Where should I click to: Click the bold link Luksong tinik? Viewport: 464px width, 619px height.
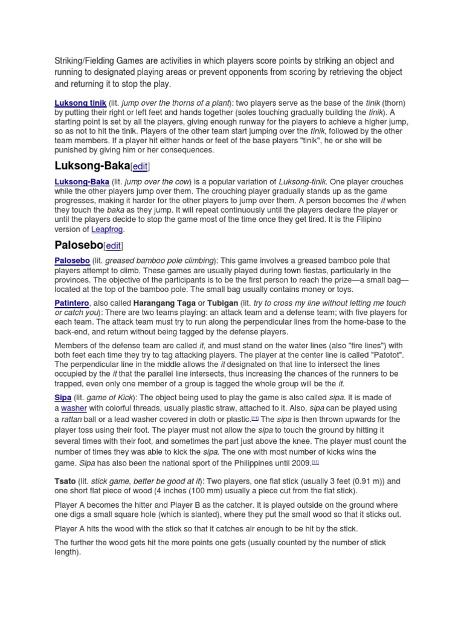point(80,103)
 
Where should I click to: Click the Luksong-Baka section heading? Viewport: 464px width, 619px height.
point(92,166)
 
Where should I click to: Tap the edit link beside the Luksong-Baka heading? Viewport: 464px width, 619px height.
point(140,166)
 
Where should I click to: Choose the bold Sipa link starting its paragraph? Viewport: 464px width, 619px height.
point(63,397)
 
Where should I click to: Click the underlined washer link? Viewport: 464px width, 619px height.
point(74,409)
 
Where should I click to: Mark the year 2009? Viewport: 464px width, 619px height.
point(300,463)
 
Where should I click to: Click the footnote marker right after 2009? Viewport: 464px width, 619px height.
point(315,462)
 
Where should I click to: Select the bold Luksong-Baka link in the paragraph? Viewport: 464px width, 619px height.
point(82,182)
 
